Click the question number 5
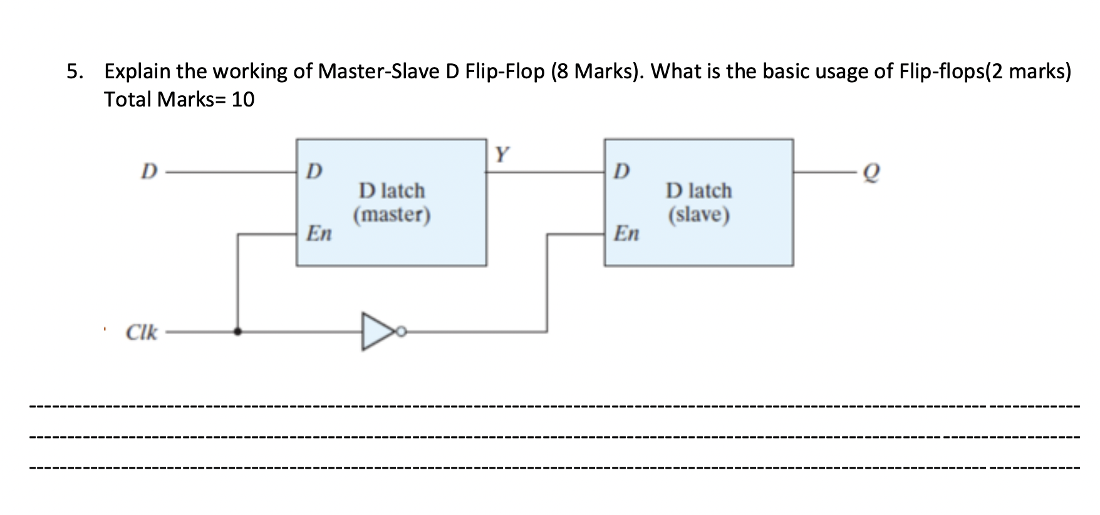pos(74,72)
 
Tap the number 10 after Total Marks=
pos(243,100)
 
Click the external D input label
pos(148,171)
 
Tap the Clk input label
pos(141,332)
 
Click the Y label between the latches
pos(502,154)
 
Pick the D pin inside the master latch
pos(315,171)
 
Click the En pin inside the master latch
pos(319,234)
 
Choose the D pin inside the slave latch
pos(622,171)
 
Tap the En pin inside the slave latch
pos(626,234)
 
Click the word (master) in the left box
pos(392,215)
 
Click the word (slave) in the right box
pos(698,215)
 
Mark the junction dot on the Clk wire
pos(237,331)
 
